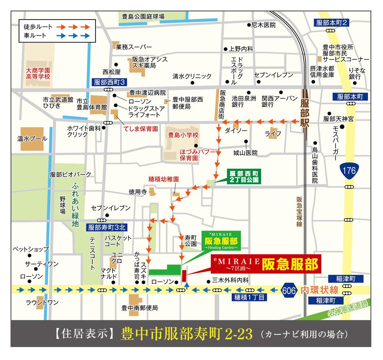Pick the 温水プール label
pos(32,138)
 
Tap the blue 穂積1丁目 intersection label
pos(249,297)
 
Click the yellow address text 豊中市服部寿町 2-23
pos(187,334)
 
